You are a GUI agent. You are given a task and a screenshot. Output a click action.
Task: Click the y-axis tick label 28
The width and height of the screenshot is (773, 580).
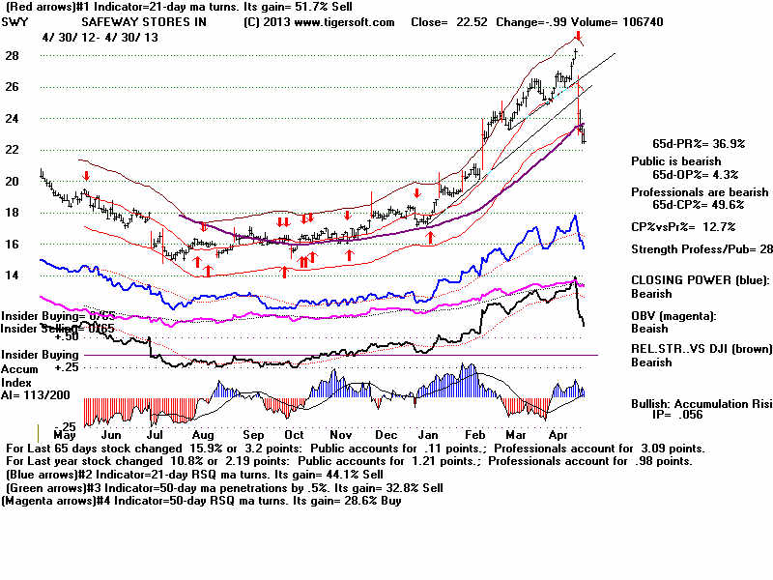13,56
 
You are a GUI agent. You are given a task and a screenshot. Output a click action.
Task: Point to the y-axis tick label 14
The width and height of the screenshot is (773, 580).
13,275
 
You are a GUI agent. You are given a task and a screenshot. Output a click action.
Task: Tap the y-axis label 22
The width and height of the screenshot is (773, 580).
13,150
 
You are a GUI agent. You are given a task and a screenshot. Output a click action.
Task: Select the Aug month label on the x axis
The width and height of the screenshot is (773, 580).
203,435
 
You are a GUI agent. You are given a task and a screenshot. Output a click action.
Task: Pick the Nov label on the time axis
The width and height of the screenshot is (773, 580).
341,435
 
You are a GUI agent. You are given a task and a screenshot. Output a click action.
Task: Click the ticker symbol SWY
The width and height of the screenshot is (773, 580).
20,21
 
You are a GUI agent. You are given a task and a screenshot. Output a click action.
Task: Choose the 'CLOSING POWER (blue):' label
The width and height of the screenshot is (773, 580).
693,277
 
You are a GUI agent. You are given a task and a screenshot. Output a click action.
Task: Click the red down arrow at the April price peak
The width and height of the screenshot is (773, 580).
578,35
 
